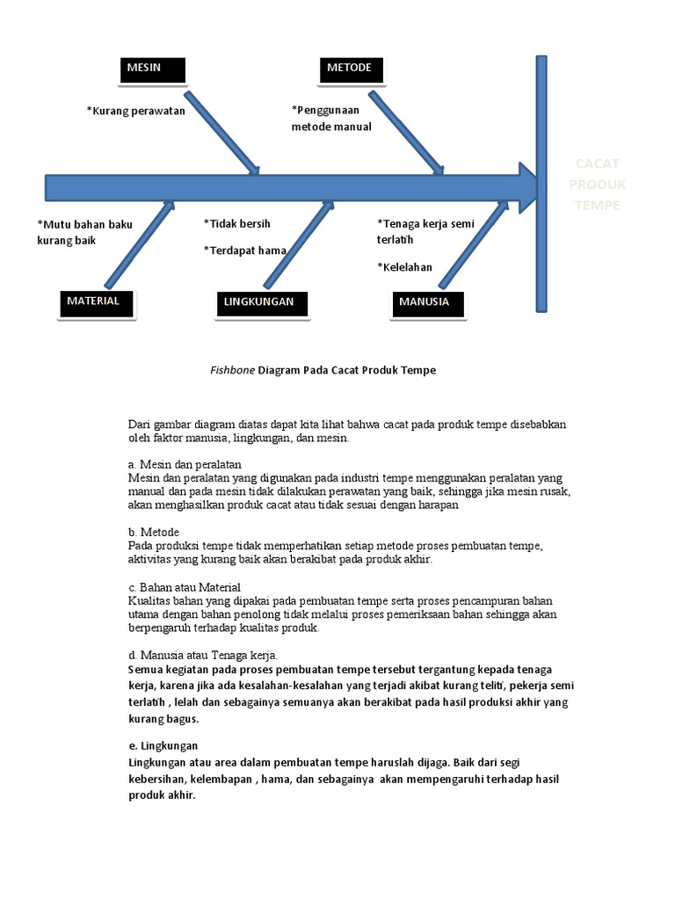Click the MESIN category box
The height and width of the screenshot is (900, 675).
[152, 70]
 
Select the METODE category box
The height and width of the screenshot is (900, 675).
[349, 70]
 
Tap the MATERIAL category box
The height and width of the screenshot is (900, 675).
[93, 302]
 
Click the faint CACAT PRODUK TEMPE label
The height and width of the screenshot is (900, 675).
[597, 185]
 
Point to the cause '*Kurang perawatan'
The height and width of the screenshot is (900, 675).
[136, 111]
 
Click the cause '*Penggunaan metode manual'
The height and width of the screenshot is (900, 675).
[331, 119]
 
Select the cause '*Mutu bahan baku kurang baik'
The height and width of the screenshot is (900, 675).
[84, 232]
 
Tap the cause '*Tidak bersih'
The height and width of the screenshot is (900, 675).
[237, 223]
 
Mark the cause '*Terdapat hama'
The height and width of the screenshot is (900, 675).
[245, 250]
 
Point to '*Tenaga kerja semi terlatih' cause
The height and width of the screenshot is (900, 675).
[425, 231]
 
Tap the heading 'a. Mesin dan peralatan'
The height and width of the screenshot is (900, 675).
[185, 463]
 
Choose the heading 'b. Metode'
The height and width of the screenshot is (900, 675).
[154, 532]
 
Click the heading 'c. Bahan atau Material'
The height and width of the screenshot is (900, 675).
[185, 586]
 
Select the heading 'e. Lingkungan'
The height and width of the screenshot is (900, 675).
[163, 745]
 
